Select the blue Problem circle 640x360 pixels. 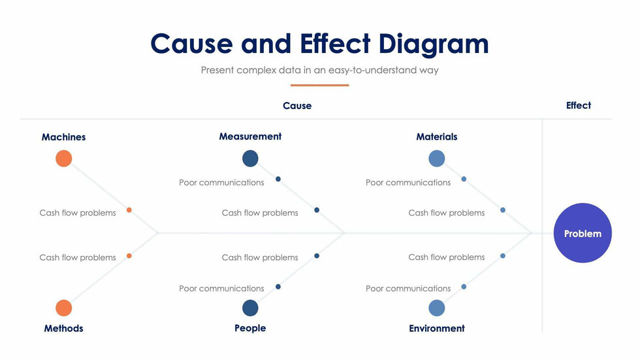point(583,233)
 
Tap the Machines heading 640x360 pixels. point(63,137)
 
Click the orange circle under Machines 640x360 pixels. point(63,158)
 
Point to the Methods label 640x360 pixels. point(63,328)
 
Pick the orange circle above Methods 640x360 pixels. point(63,308)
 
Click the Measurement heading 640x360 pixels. point(250,137)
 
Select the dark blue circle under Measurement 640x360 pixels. point(250,158)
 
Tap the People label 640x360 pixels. point(250,328)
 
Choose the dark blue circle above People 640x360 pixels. point(250,308)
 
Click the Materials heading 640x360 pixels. point(437,137)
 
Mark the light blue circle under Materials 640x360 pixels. point(437,158)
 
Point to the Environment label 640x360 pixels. point(437,328)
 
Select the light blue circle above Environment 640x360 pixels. point(437,308)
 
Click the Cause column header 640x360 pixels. point(297,106)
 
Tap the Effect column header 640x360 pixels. point(579,105)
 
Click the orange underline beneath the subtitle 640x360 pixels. point(319,85)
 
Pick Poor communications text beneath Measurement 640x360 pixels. point(221,182)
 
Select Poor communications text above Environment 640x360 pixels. point(408,288)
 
